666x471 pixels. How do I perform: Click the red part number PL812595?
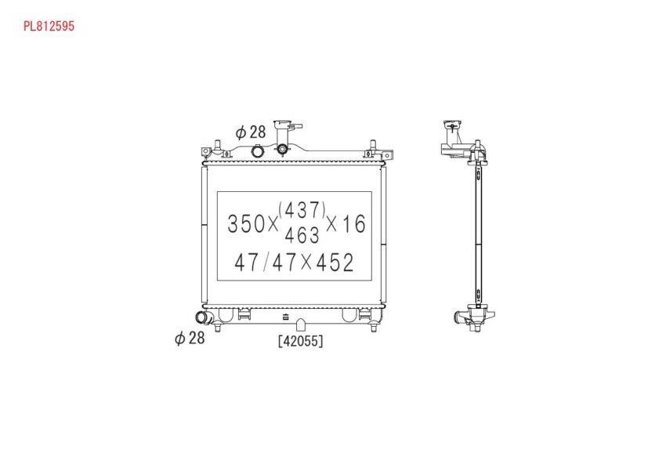click(x=49, y=27)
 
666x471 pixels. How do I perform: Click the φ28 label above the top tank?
click(x=251, y=132)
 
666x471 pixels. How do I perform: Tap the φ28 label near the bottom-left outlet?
click(x=190, y=338)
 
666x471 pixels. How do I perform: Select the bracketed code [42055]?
click(x=301, y=341)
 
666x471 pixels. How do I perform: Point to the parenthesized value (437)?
click(x=302, y=210)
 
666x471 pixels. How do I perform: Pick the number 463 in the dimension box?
click(x=302, y=235)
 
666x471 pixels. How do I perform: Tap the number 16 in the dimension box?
click(x=354, y=224)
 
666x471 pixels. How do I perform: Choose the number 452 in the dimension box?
click(x=335, y=263)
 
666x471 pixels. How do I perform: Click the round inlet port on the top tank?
click(x=258, y=150)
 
